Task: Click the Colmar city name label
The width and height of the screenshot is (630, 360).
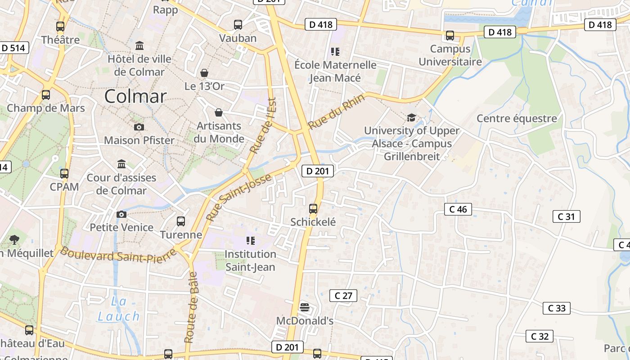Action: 135,96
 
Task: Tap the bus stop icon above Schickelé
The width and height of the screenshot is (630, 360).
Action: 313,208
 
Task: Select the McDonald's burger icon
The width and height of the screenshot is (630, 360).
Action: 305,307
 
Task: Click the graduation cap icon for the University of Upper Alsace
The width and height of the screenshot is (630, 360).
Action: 411,118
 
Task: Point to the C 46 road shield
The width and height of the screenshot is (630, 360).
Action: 458,209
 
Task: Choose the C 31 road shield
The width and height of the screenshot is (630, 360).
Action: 566,216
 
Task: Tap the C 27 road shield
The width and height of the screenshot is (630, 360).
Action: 343,296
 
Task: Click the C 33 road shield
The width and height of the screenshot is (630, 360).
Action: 557,308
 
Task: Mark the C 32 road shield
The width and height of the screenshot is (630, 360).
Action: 540,336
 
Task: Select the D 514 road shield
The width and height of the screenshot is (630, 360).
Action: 14,48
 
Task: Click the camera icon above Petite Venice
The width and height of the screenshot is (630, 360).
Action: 121,214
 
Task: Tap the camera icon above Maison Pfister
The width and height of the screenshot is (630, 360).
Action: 139,127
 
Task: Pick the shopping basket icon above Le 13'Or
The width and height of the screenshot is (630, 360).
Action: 204,73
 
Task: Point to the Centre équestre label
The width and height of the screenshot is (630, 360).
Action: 517,118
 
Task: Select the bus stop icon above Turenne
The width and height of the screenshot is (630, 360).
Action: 181,221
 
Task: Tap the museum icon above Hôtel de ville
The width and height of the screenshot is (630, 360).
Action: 139,46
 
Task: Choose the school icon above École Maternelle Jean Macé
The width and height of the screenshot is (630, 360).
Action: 335,52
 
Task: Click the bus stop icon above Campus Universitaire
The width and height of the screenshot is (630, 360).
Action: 450,35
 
